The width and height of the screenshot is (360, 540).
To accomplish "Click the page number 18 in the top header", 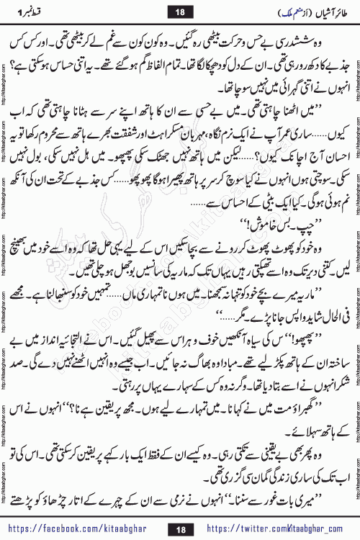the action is (179, 9).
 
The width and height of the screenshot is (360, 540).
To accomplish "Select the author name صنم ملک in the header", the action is (258, 10).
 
